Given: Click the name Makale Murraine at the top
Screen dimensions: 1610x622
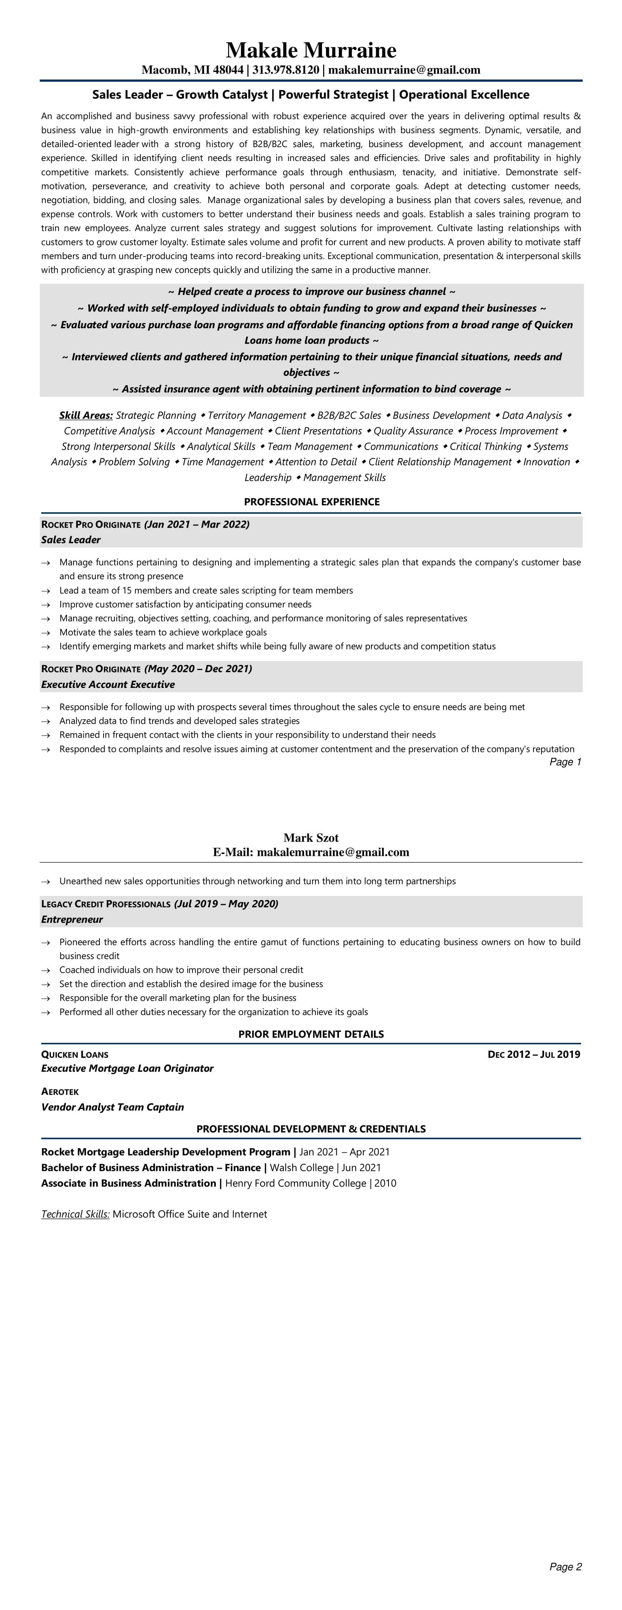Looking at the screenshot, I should click(x=311, y=50).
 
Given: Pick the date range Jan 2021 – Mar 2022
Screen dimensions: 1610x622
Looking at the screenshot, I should click(x=197, y=524).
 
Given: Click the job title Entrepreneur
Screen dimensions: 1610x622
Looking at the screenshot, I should click(x=72, y=920).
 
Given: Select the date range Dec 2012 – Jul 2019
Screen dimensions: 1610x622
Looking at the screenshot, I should click(x=534, y=1055).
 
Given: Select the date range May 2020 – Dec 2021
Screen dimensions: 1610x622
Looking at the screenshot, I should click(x=198, y=669).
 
